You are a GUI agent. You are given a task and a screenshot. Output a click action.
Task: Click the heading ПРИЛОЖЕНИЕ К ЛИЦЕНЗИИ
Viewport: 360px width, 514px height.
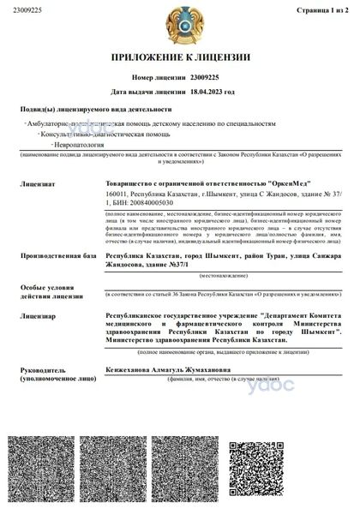[x=180, y=57]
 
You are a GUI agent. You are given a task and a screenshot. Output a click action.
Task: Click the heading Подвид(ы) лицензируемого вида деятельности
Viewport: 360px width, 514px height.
[x=95, y=109]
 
